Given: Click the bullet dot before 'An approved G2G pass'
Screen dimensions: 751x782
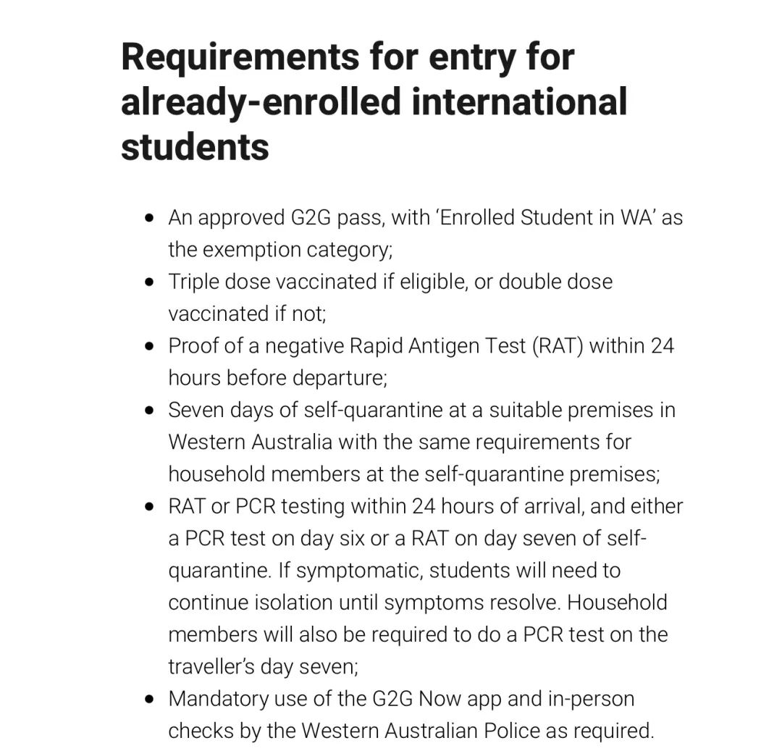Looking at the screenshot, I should pyautogui.click(x=149, y=217).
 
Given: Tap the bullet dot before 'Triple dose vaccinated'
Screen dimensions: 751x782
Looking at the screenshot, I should pyautogui.click(x=149, y=281).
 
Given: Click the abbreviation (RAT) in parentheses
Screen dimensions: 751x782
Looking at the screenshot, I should pyautogui.click(x=555, y=345).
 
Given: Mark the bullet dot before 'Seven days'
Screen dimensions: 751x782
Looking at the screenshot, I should pyautogui.click(x=149, y=410).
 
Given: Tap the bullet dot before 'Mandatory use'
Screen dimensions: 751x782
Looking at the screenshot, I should pyautogui.click(x=149, y=699).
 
